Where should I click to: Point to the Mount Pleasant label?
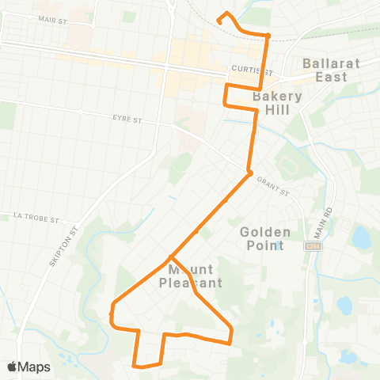click(x=190, y=275)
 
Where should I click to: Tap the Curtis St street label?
click(x=246, y=70)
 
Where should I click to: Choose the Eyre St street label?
click(x=127, y=120)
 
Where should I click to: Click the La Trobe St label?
click(x=32, y=215)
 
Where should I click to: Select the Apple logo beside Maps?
click(x=13, y=367)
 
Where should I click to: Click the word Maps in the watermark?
click(x=35, y=367)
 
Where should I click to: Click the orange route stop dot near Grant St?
click(x=249, y=173)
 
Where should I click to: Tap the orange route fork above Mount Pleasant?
click(x=170, y=257)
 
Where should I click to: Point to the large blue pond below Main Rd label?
click(x=362, y=237)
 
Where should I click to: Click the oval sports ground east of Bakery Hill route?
click(x=287, y=167)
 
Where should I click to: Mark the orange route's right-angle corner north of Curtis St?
click(x=268, y=36)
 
